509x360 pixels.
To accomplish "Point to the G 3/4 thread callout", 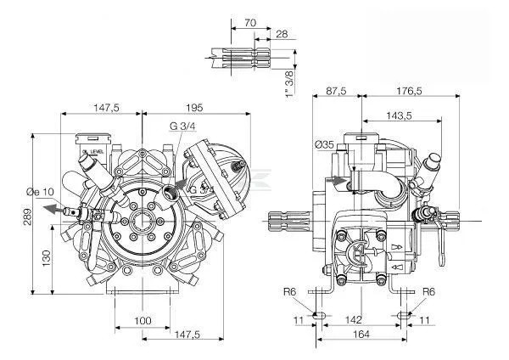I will [182, 127].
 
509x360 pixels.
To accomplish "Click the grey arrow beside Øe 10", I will [53, 207].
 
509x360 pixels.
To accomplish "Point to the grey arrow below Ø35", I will [340, 179].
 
